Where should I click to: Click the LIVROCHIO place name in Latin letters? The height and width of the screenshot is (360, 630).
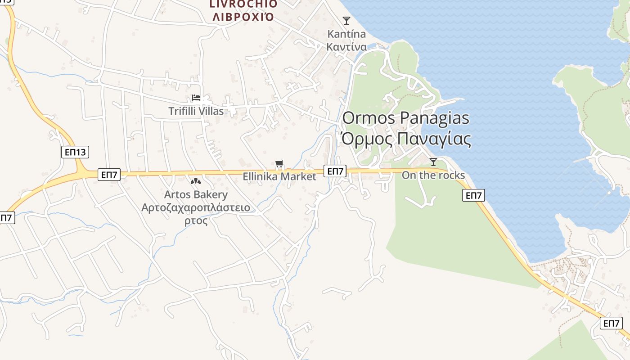click(x=243, y=4)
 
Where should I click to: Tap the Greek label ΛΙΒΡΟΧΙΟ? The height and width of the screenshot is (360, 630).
click(x=243, y=17)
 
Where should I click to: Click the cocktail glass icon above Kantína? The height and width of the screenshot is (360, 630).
click(x=346, y=21)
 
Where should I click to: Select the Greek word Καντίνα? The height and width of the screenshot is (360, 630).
click(x=346, y=47)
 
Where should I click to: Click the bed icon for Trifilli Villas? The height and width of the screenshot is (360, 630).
click(x=196, y=98)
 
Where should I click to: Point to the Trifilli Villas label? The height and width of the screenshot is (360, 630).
click(x=196, y=111)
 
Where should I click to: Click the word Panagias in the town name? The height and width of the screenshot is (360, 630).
click(x=434, y=118)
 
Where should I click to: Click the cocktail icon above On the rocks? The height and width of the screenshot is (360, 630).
click(x=433, y=162)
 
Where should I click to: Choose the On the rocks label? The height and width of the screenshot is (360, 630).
click(x=433, y=175)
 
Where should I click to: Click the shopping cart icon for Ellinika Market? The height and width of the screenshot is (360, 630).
click(x=279, y=164)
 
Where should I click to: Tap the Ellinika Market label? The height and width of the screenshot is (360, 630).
click(x=279, y=176)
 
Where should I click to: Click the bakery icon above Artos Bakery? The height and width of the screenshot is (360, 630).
click(x=195, y=181)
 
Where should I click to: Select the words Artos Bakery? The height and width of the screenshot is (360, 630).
click(x=196, y=195)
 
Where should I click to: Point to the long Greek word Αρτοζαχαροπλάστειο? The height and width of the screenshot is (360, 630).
click(x=196, y=208)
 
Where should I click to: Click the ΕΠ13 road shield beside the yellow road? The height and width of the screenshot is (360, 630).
click(x=75, y=152)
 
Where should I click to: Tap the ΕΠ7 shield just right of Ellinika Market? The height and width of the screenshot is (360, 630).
click(x=335, y=171)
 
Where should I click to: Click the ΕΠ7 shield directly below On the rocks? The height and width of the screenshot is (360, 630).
click(x=473, y=195)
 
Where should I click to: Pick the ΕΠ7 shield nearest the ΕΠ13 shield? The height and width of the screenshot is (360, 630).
click(x=109, y=175)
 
